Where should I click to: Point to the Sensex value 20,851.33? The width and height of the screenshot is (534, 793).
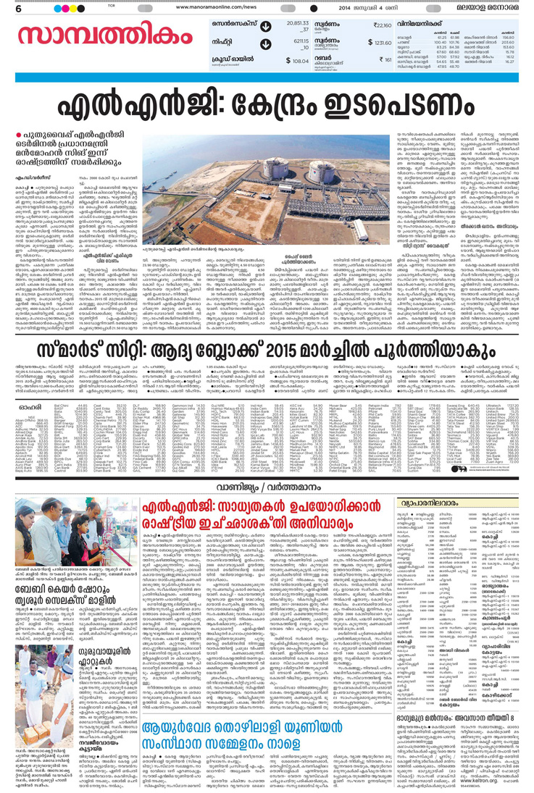click(298, 24)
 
